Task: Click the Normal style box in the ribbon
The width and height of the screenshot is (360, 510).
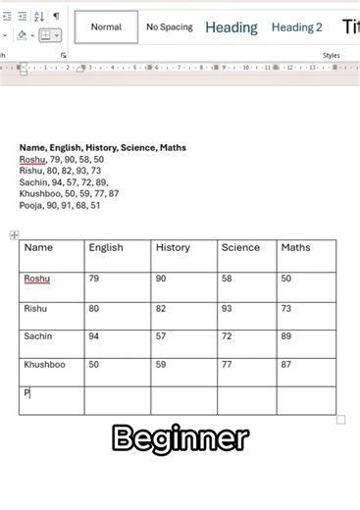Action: tap(106, 27)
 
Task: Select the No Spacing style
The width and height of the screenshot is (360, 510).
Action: tap(170, 27)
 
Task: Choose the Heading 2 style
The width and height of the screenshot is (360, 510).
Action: tap(296, 27)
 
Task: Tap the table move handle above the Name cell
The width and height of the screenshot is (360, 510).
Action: tap(14, 235)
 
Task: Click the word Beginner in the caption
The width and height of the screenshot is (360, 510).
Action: tap(180, 438)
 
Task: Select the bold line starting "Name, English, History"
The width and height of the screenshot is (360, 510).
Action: tap(103, 148)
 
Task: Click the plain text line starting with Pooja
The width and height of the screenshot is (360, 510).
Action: tap(60, 206)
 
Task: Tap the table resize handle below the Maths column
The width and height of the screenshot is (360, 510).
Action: tap(340, 420)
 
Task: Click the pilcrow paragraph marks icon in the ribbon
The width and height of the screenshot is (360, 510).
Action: tap(56, 16)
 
